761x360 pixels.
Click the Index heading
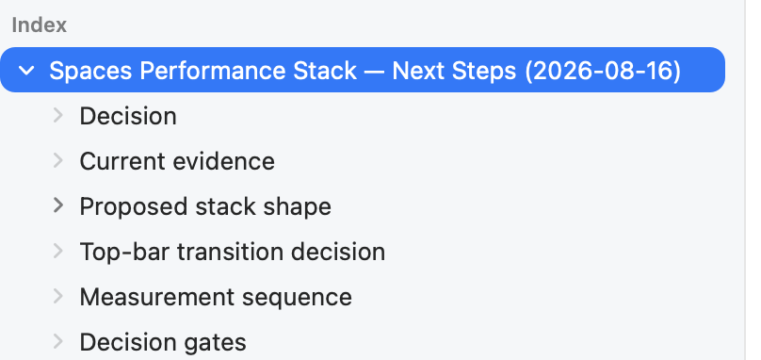39,25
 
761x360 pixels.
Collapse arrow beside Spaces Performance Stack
26,71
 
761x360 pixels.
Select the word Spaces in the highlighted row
90,72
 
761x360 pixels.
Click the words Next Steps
454,72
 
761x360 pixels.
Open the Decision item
128,116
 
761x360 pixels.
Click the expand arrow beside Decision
58,116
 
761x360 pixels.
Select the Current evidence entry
177,161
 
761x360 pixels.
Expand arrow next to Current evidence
58,160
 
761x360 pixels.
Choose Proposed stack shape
205,207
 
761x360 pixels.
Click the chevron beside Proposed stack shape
58,205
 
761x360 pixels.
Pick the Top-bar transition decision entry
233,253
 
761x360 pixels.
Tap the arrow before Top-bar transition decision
58,251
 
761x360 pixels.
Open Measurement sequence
216,297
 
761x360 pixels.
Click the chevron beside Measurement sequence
58,296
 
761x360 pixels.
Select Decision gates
163,342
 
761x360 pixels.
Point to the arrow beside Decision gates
58,341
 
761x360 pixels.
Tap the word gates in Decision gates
215,343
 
